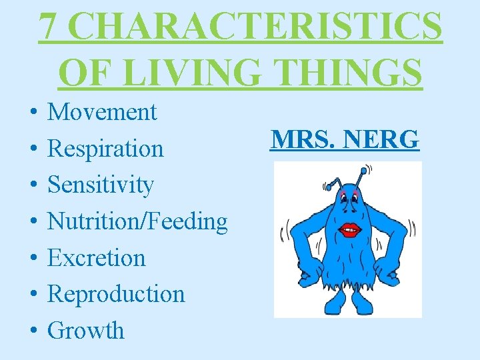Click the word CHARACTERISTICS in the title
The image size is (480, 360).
coord(257,27)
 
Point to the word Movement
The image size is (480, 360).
coord(102,111)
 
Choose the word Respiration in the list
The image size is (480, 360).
coord(105,148)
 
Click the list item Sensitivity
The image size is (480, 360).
coord(101,185)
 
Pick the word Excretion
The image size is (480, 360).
coord(97,257)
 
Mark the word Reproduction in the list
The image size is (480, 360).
coord(116,293)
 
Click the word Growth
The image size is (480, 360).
coord(86,330)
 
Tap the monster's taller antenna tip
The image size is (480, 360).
coord(364,171)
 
